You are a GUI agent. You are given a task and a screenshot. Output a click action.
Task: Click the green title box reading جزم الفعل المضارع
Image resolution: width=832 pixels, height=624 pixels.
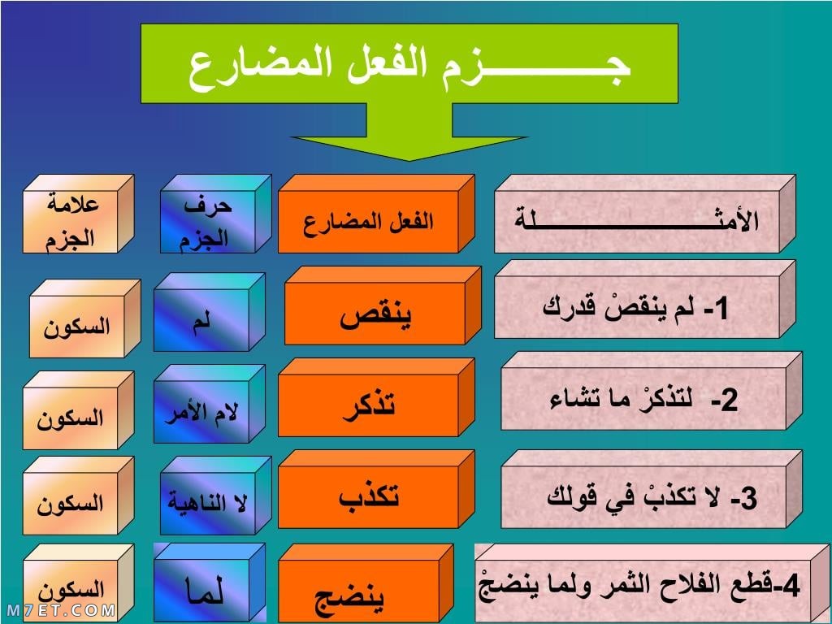[409, 63]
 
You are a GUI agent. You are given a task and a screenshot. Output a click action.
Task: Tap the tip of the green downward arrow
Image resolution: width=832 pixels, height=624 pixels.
[409, 160]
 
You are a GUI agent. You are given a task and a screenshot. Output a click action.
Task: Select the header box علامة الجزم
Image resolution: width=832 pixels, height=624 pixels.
[78, 214]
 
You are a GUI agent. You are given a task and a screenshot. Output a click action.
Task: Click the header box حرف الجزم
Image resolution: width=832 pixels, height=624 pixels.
[215, 214]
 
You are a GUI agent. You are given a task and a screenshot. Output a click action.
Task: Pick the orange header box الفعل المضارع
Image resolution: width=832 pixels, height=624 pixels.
[376, 214]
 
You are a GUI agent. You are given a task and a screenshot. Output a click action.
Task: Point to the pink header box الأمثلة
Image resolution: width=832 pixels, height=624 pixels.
[644, 214]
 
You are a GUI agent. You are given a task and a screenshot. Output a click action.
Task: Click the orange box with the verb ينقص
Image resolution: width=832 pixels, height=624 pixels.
[383, 305]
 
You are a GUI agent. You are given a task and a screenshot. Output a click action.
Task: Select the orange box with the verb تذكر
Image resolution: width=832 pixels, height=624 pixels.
[376, 397]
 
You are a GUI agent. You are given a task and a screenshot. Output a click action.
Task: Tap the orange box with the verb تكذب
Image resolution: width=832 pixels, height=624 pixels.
[376, 489]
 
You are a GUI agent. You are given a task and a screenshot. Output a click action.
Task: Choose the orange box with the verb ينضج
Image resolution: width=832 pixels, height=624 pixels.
[366, 583]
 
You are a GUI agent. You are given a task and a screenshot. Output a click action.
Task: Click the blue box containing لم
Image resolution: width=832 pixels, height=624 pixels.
[209, 312]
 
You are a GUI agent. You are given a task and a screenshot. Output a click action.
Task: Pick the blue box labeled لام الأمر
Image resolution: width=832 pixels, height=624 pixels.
[209, 404]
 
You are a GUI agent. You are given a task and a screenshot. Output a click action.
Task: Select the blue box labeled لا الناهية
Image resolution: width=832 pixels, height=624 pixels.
[215, 496]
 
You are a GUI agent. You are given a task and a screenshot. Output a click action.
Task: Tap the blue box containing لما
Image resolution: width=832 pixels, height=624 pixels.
[209, 582]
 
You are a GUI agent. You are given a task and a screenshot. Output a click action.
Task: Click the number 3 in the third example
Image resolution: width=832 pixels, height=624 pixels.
[749, 499]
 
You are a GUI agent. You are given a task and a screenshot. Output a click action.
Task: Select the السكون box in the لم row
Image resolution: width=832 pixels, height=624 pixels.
[84, 318]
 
